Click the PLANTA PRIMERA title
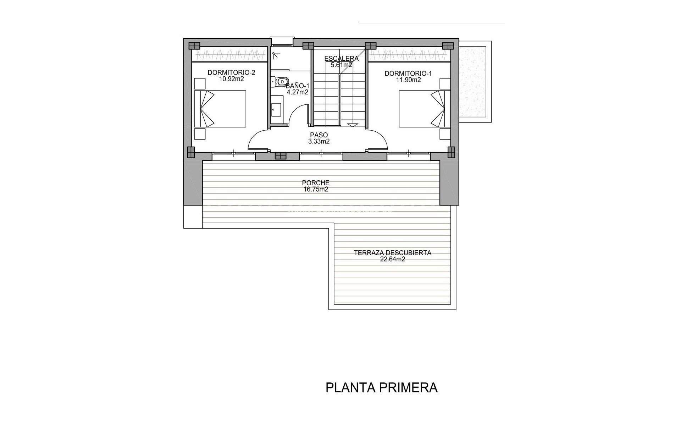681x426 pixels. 381,388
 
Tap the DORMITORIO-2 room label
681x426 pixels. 231,73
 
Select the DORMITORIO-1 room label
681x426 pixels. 408,73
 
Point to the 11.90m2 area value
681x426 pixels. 408,80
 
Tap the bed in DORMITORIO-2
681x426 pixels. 220,109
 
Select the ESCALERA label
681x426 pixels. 341,59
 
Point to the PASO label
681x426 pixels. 319,135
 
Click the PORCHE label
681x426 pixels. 316,183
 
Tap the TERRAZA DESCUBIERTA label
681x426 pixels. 392,253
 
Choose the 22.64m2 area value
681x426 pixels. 392,260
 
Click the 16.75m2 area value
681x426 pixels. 316,190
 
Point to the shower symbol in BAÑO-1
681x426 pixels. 276,55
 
